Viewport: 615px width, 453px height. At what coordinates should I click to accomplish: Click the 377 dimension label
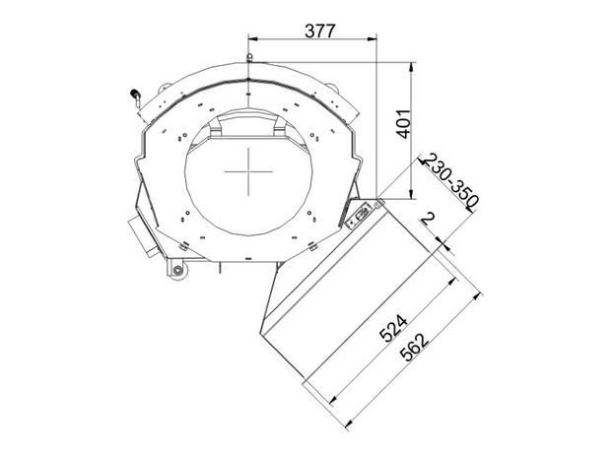pyautogui.click(x=320, y=31)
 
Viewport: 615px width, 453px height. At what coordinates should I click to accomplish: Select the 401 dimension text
pyautogui.click(x=404, y=124)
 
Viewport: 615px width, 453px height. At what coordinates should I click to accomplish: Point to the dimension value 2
pyautogui.click(x=428, y=219)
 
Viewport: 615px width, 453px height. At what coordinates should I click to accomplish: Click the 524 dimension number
pyautogui.click(x=394, y=328)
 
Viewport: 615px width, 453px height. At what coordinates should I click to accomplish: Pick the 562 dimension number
pyautogui.click(x=415, y=347)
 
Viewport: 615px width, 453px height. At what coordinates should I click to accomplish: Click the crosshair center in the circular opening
pyautogui.click(x=248, y=171)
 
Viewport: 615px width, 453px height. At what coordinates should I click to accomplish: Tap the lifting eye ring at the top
pyautogui.click(x=248, y=57)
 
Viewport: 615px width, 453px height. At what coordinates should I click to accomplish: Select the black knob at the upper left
pyautogui.click(x=134, y=95)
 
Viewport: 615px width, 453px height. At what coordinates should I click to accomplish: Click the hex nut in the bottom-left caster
pyautogui.click(x=177, y=270)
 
